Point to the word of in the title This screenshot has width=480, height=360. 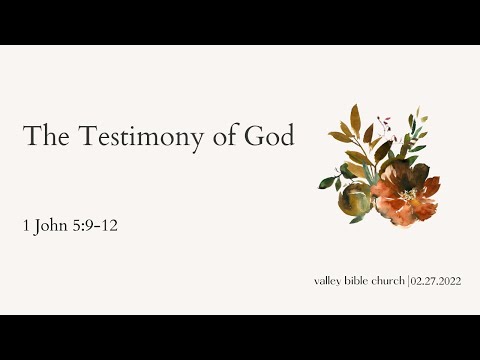[x=222, y=136]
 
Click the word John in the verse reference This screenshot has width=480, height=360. [x=53, y=226]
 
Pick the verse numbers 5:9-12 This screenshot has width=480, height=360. [x=98, y=226]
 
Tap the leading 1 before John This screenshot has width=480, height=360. [x=27, y=226]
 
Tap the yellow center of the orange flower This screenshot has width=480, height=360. [x=409, y=193]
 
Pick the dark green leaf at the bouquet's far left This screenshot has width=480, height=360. [x=326, y=183]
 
